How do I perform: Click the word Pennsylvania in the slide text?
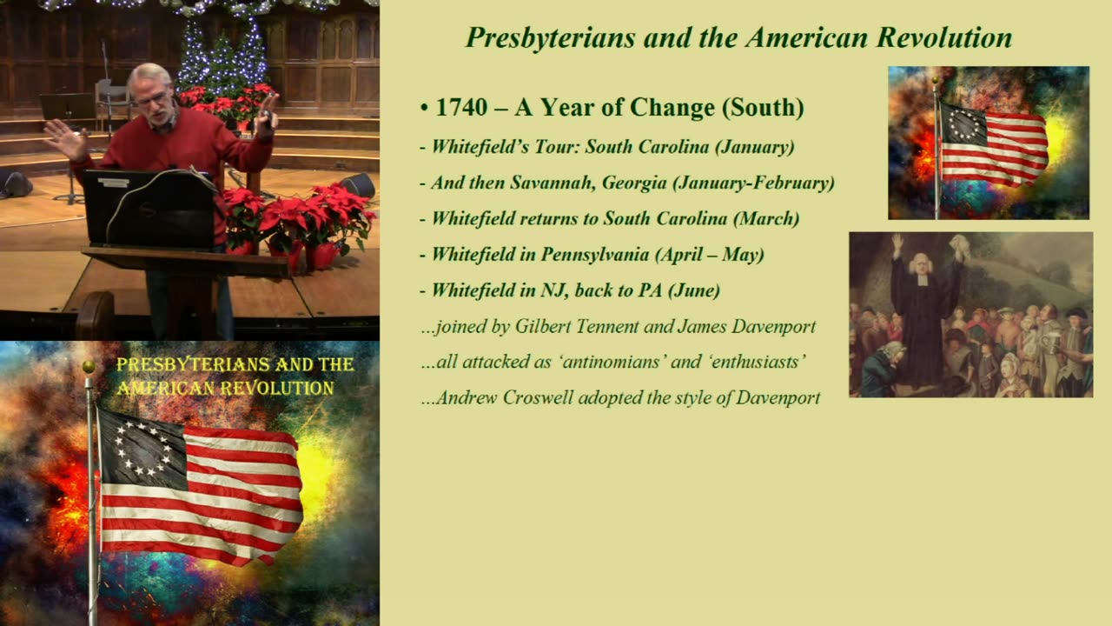(595, 255)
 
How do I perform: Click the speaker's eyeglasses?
(152, 98)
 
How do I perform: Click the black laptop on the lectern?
(149, 208)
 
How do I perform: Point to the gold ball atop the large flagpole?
(89, 367)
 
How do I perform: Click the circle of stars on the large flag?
(142, 448)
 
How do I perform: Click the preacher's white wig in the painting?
(922, 263)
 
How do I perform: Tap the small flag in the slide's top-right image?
(994, 144)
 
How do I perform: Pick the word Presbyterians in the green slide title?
(551, 37)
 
